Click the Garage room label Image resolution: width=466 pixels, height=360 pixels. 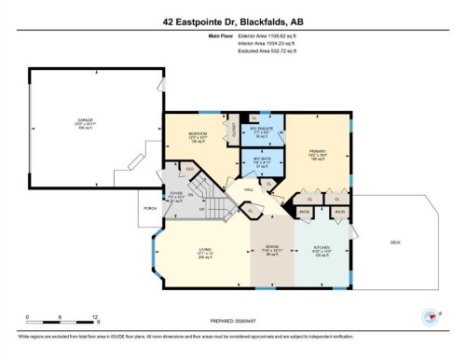tap(85, 119)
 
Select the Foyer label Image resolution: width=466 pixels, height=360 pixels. tap(175, 194)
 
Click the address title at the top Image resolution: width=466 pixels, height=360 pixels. tap(233, 20)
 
